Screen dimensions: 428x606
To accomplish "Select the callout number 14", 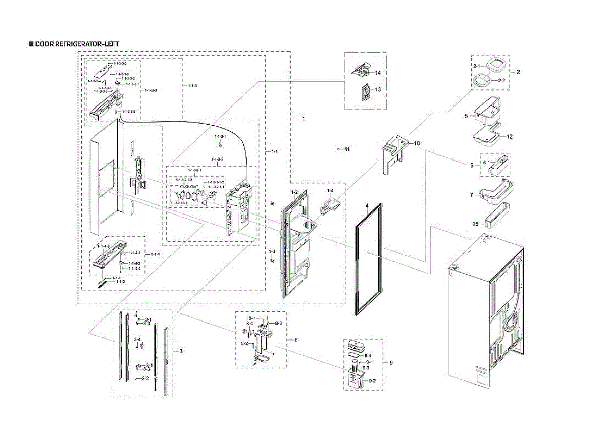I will point(377,73).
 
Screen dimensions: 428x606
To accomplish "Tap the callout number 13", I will point(377,89).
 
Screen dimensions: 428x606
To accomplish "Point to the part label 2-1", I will point(476,66).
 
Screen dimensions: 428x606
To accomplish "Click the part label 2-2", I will point(501,81).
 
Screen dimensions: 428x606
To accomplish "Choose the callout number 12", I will point(510,137).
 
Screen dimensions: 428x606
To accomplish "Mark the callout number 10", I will point(417,143).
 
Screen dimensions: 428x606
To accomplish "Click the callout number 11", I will point(347,149).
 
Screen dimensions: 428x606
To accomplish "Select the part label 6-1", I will point(487,163).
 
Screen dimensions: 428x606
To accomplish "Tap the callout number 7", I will point(471,194).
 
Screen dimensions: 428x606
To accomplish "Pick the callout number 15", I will point(475,224).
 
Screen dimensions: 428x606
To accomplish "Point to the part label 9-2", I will point(372,380).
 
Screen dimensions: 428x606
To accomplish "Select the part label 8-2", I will point(244,343).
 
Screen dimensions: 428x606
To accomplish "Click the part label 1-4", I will point(330,190).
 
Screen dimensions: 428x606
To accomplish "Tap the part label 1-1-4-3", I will point(103,246).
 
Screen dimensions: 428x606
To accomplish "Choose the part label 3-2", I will point(145,378).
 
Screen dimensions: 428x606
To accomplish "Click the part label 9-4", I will point(368,356).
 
